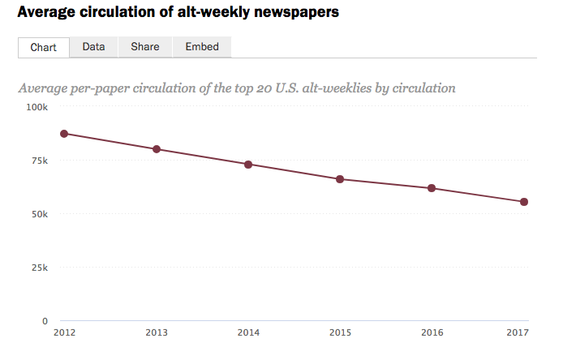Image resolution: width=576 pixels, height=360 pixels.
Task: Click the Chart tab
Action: [44, 47]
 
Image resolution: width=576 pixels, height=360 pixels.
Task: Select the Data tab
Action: [93, 47]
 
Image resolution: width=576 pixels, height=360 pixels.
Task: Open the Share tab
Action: [145, 47]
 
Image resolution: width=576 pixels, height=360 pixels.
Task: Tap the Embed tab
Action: [202, 47]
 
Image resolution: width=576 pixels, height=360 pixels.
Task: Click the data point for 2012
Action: [64, 134]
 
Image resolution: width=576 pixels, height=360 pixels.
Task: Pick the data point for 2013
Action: [157, 149]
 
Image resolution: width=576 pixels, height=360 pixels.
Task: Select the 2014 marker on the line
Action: [248, 165]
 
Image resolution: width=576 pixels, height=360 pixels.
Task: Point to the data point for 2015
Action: [340, 179]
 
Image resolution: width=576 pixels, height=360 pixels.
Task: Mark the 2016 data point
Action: [432, 188]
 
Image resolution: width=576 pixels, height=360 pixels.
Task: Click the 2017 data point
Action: [524, 202]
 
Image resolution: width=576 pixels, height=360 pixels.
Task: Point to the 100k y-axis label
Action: [37, 107]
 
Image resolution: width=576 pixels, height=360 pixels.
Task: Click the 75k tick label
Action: [40, 161]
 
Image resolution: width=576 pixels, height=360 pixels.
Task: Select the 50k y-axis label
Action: [40, 214]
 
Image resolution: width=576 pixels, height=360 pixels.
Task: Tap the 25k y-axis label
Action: [40, 268]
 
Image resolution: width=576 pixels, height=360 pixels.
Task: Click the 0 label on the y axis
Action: [45, 321]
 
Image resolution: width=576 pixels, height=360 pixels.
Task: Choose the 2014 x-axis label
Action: [248, 332]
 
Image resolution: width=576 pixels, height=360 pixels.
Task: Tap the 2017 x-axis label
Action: [518, 332]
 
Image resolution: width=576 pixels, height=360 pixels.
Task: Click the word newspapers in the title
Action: [296, 12]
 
